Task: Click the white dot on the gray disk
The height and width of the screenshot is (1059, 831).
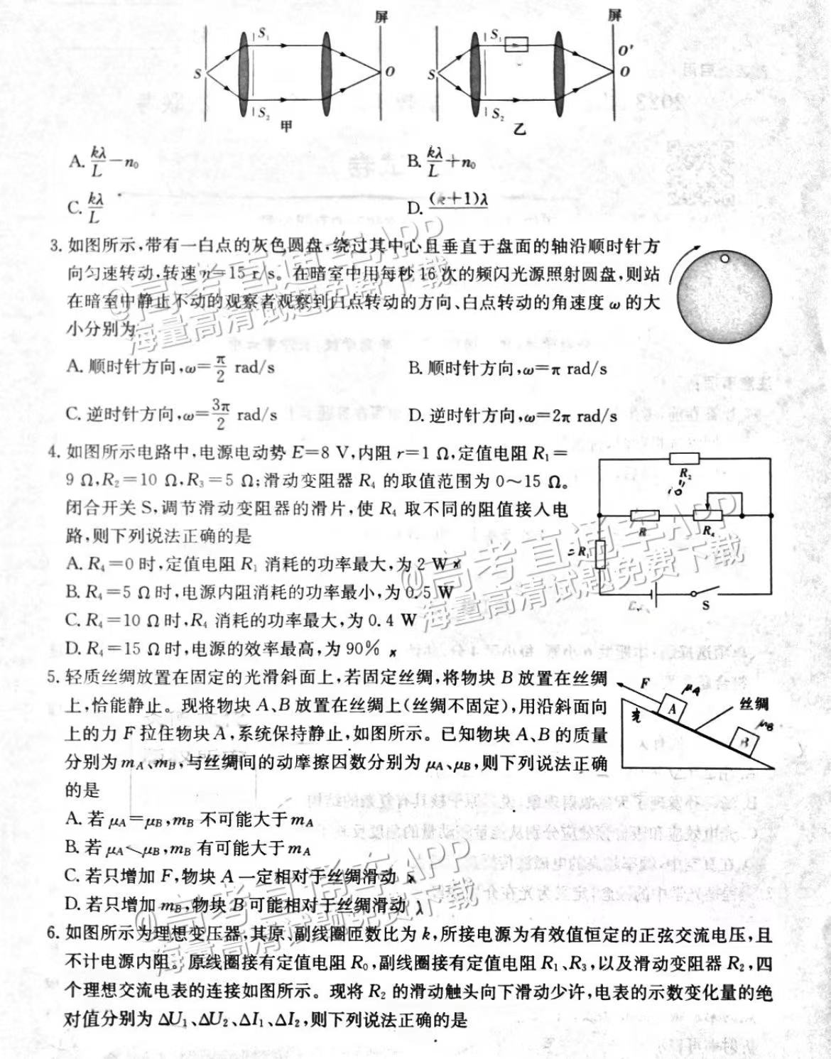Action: tap(724, 259)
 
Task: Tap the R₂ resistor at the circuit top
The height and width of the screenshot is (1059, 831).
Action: tap(684, 459)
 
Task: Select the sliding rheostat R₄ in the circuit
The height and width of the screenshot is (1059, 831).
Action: tap(708, 515)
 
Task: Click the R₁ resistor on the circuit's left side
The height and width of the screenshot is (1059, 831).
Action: tap(601, 553)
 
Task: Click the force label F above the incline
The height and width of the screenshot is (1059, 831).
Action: tap(644, 683)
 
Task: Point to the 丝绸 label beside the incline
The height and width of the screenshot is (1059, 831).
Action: tap(754, 703)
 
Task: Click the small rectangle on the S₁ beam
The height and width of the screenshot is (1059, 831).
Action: tap(516, 45)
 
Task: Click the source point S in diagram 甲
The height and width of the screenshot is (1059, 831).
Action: tap(197, 72)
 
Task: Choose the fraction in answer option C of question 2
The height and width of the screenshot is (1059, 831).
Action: tap(95, 207)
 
